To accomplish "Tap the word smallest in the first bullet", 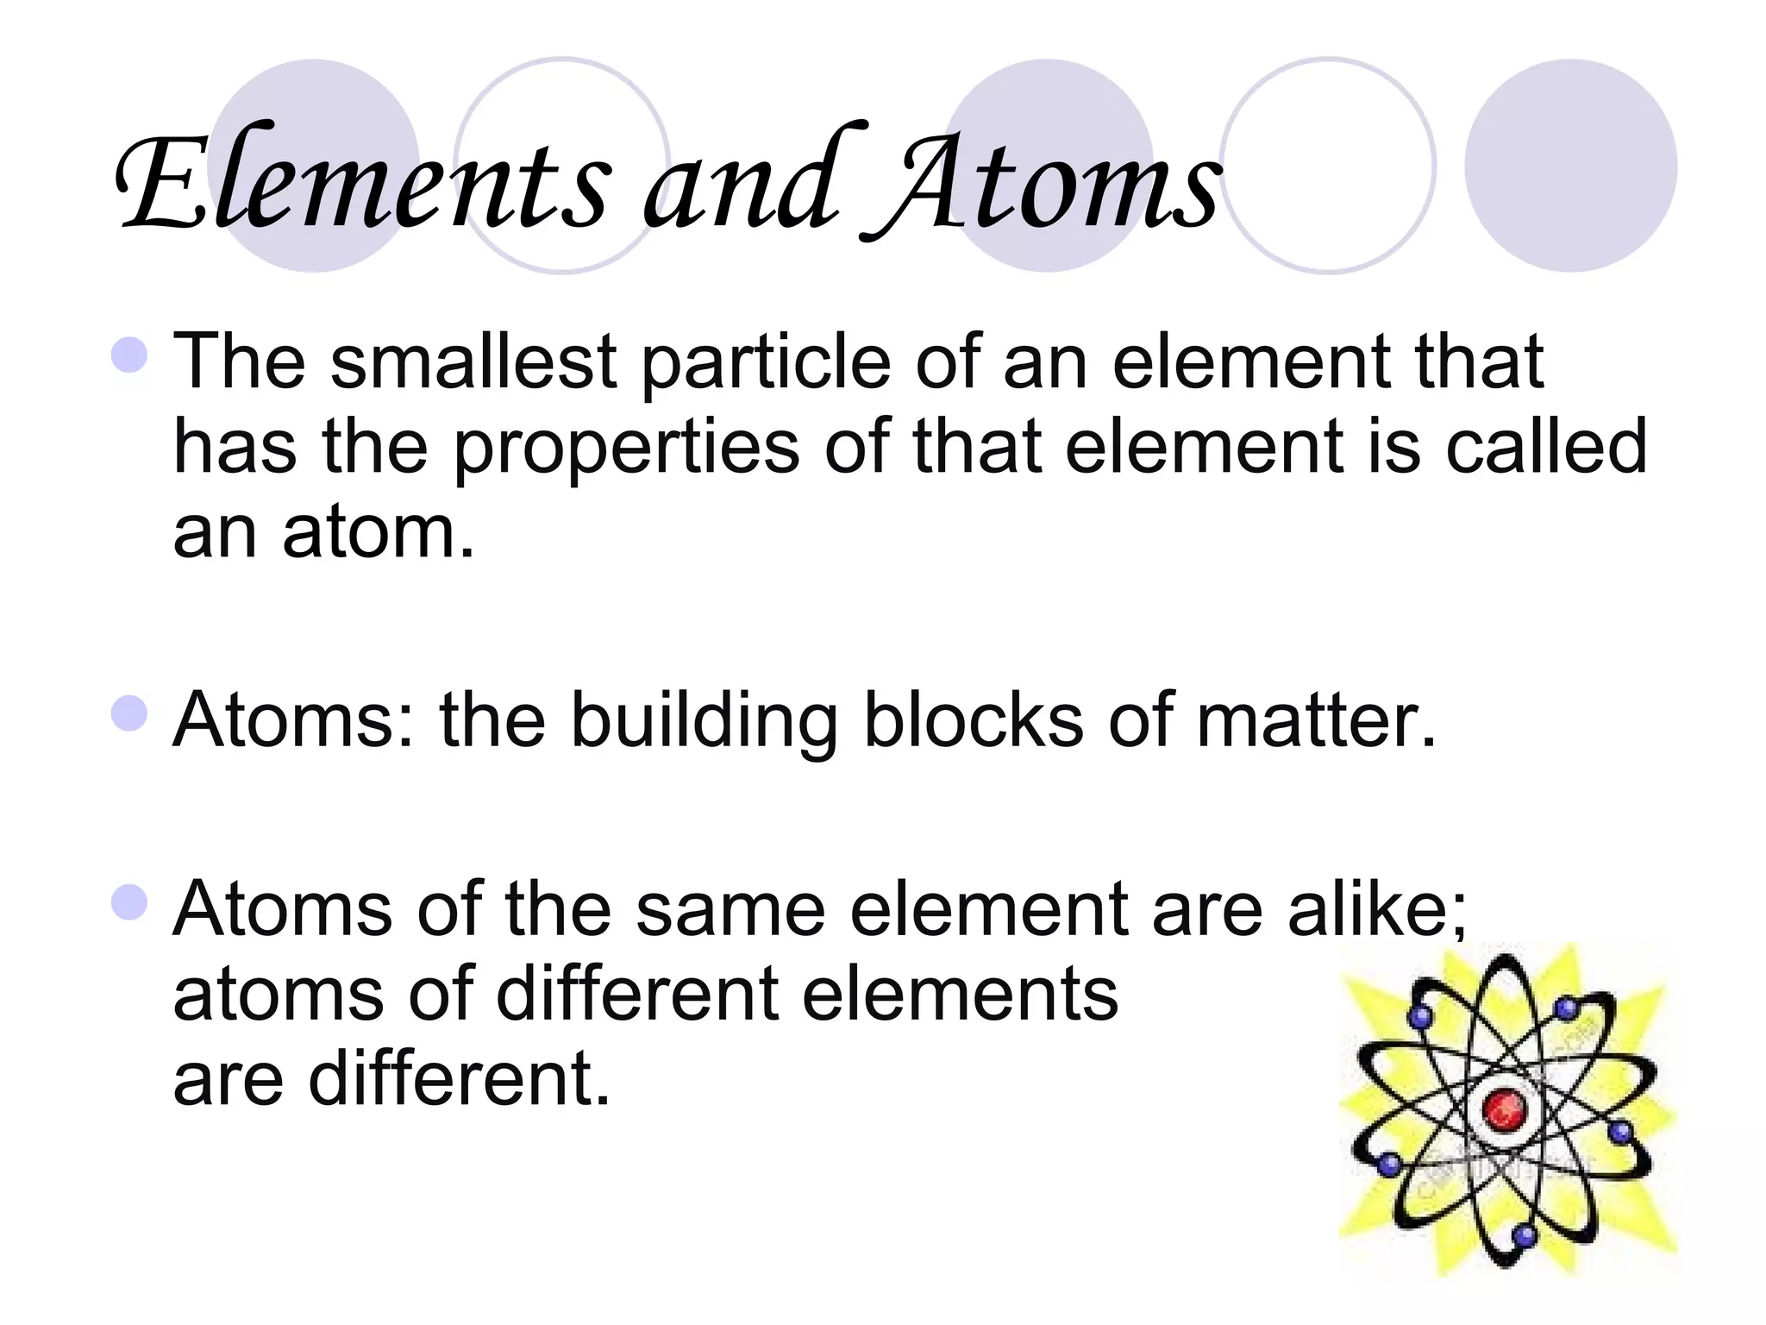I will pyautogui.click(x=473, y=362).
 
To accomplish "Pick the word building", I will pyautogui.click(x=704, y=723).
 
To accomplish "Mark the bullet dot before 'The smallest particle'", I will pyautogui.click(x=129, y=355).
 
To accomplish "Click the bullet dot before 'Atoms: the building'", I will pyautogui.click(x=129, y=714).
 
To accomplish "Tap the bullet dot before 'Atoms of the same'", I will pyautogui.click(x=129, y=903).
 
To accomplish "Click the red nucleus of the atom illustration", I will pyautogui.click(x=1504, y=1108).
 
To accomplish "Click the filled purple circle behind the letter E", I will pyautogui.click(x=314, y=166).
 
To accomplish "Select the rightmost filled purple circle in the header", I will pyautogui.click(x=1570, y=166).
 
